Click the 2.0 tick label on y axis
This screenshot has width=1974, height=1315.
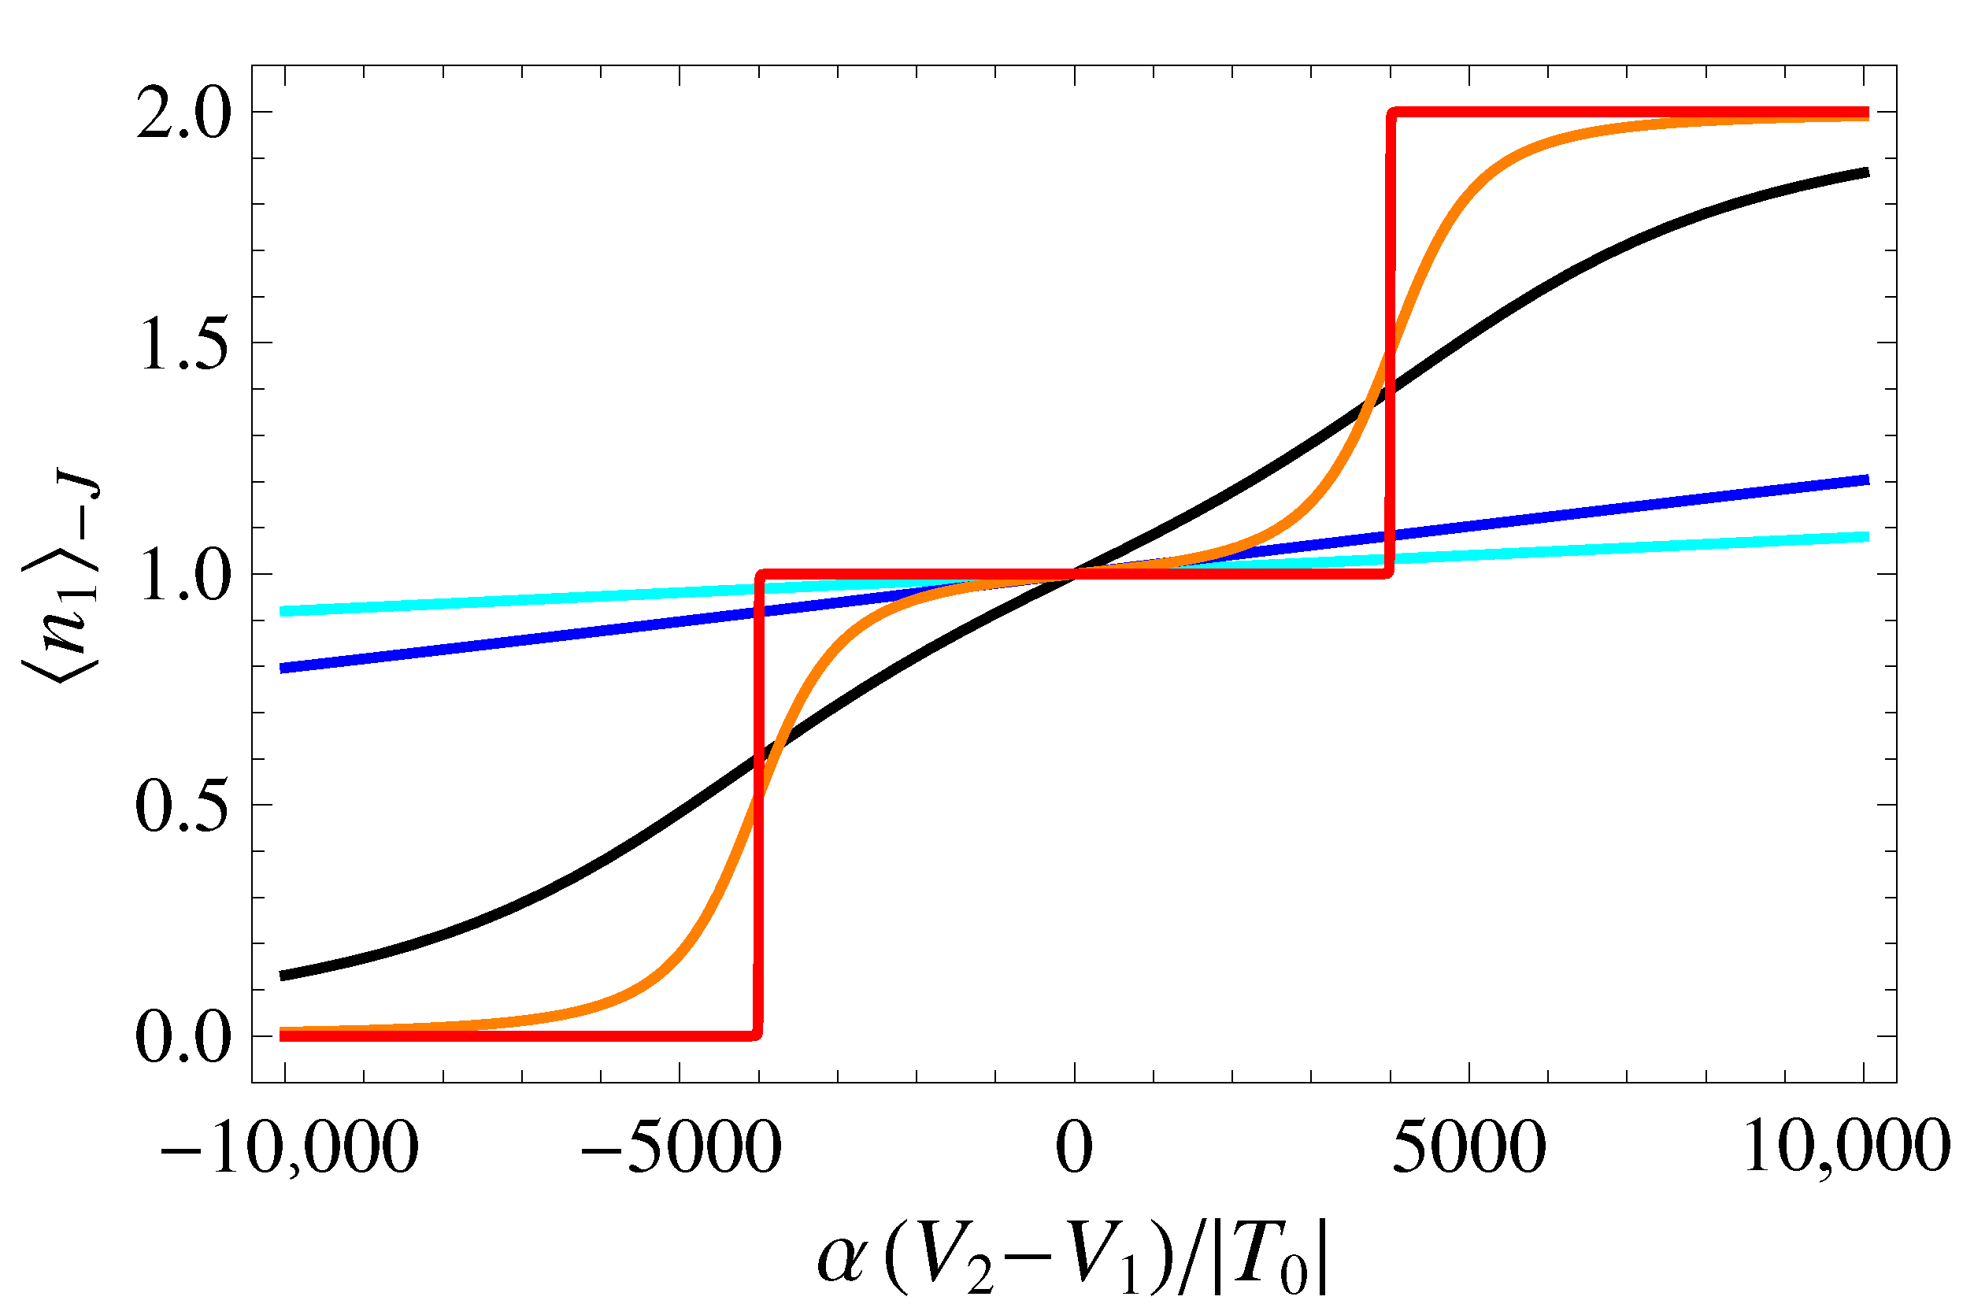point(183,114)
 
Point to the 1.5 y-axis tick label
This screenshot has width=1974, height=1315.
point(183,344)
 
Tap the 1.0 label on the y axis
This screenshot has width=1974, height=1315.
point(183,576)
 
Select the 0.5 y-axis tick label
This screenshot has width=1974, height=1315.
point(183,806)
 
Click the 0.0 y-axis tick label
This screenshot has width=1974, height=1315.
point(183,1037)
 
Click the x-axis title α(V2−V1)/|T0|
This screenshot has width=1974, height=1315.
point(1073,1258)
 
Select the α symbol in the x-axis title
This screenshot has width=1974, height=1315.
point(842,1260)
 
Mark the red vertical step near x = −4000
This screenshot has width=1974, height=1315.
point(758,805)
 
